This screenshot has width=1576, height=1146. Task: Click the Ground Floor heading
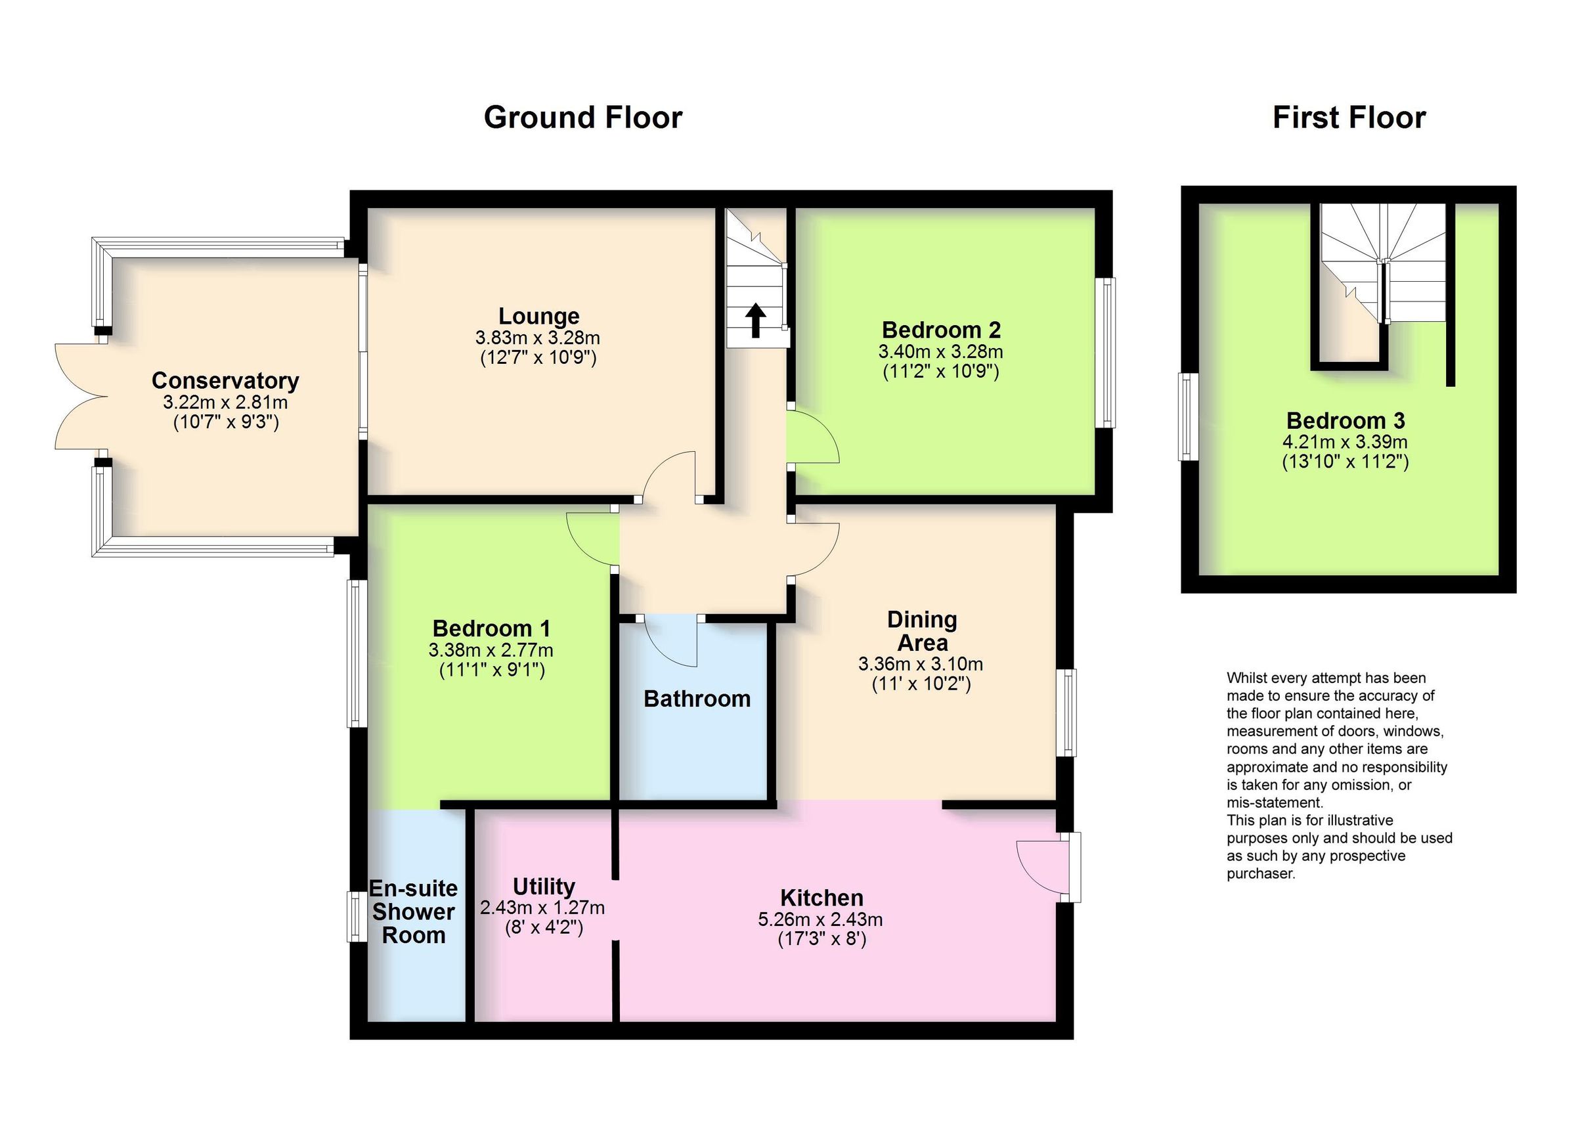coord(582,118)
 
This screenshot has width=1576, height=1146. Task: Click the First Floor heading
coord(1349,118)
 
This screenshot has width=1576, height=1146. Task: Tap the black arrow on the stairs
coord(755,320)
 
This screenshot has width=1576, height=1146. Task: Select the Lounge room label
coord(538,316)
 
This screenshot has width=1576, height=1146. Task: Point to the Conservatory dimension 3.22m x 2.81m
coord(225,402)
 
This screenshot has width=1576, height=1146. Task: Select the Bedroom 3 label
coord(1346,420)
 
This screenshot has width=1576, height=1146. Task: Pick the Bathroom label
coord(697,699)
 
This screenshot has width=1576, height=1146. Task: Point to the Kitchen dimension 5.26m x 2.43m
coord(820,919)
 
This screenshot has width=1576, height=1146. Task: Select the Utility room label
coord(544,887)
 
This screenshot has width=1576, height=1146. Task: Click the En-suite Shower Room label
coord(414,911)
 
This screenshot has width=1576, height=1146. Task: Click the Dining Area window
coord(1066,713)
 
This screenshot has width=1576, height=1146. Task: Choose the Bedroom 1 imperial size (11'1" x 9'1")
coord(491,670)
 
